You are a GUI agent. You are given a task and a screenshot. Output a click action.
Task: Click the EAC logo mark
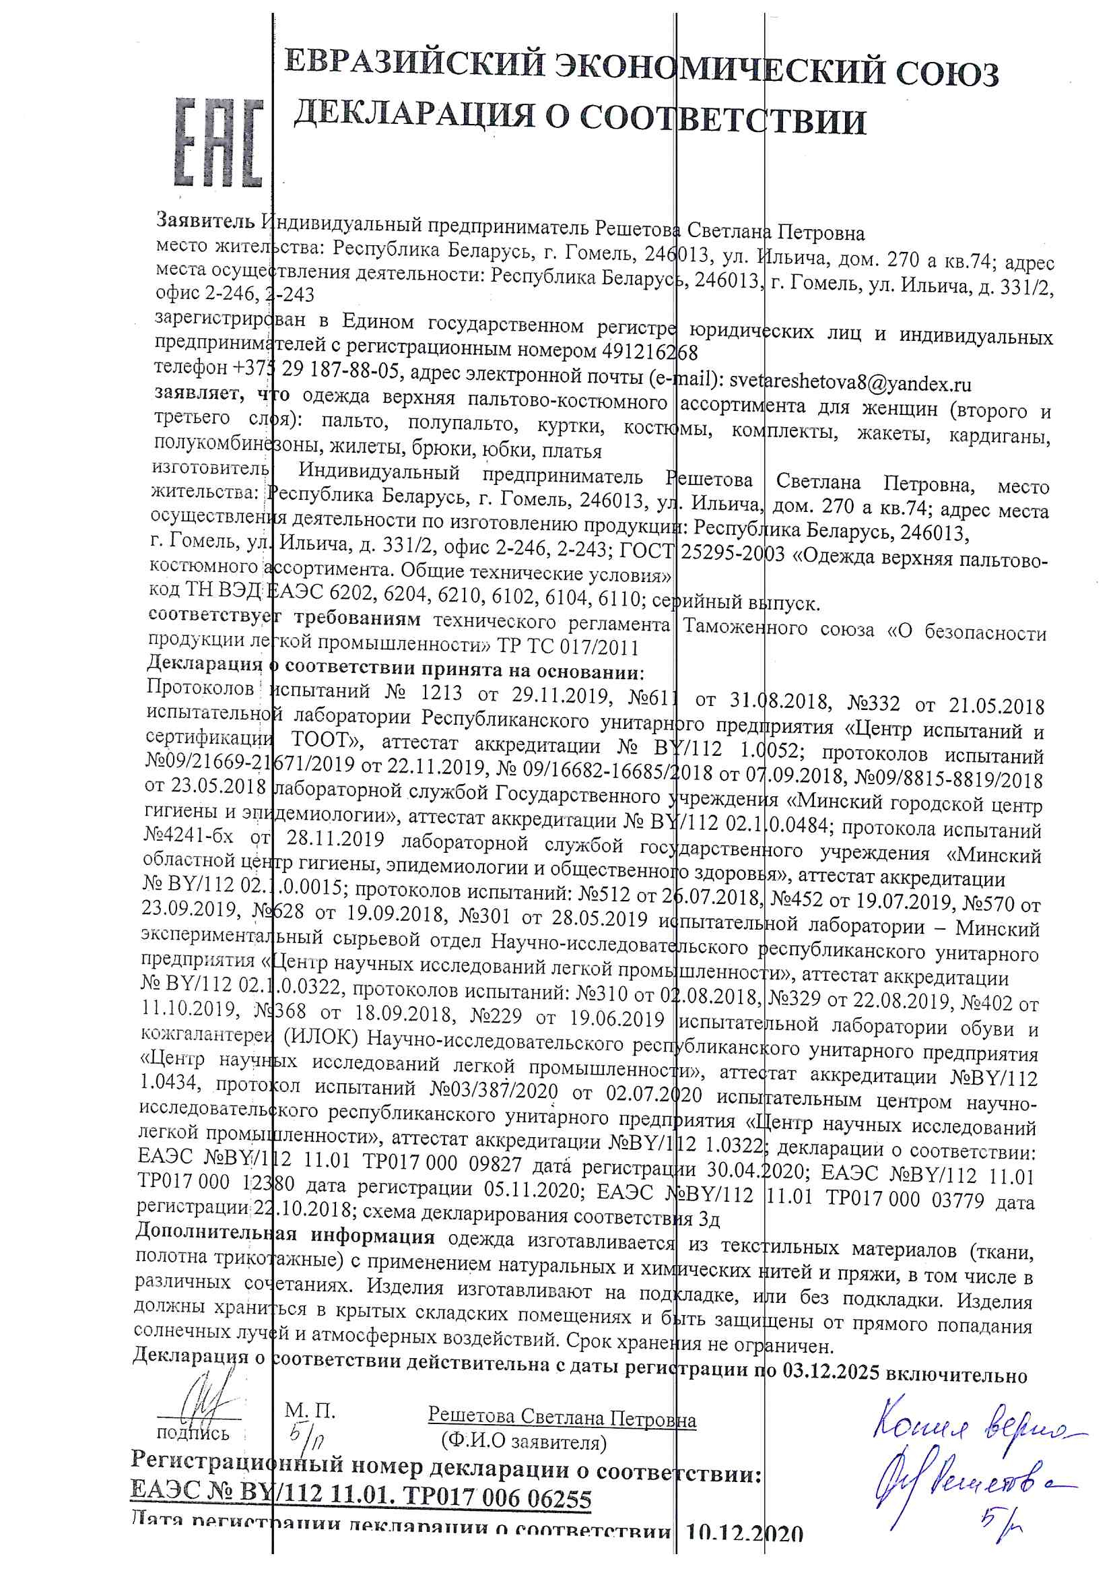219,142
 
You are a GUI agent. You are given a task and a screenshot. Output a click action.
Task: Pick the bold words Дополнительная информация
285,1235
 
